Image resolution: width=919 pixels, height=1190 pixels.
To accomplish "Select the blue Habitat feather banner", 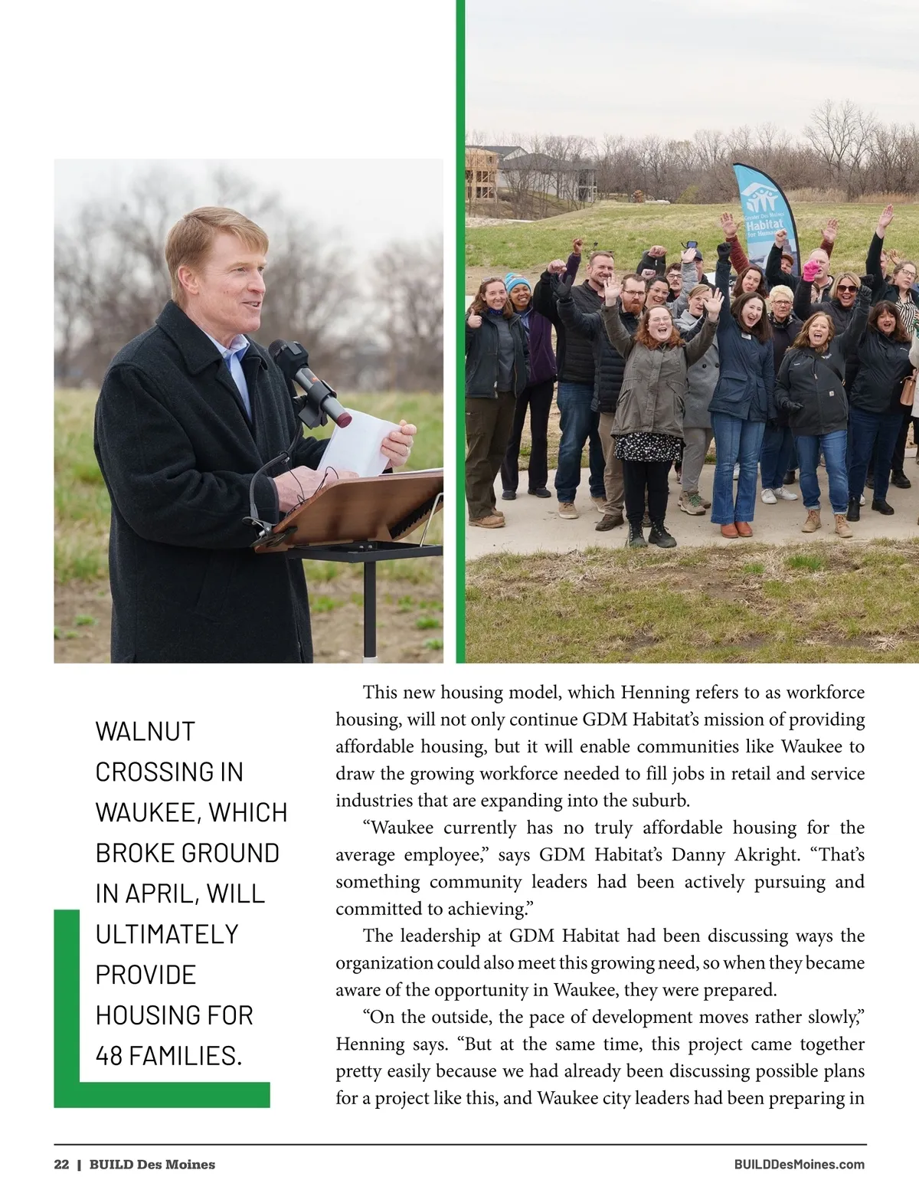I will coord(761,215).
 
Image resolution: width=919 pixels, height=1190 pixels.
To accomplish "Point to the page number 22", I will coord(61,1165).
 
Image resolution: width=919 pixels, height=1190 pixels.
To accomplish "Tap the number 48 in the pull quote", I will coord(110,1056).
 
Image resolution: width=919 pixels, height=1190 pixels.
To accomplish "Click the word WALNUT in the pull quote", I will coord(146,731).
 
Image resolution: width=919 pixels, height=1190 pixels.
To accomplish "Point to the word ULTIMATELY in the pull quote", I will coord(167,934).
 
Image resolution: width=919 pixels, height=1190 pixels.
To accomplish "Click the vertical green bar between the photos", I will coord(460,329).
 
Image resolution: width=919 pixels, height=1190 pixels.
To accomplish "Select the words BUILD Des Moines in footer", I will coord(152,1165).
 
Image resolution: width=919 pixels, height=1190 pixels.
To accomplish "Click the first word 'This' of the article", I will coord(380,693).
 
